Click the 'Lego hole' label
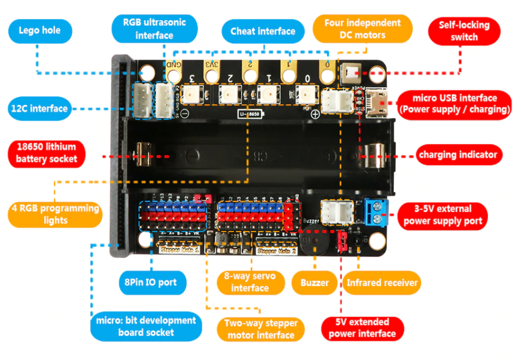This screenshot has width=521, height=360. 40,30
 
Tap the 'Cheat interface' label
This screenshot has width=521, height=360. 262,31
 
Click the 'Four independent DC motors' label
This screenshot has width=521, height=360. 362,29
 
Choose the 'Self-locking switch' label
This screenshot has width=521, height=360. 464,31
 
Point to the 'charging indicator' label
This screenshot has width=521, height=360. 457,155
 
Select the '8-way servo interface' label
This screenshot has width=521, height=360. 250,282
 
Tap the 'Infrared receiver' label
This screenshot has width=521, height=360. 382,283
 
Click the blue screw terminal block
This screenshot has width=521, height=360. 375,211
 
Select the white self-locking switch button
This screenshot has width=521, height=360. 352,74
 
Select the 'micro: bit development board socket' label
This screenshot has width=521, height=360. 146,326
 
